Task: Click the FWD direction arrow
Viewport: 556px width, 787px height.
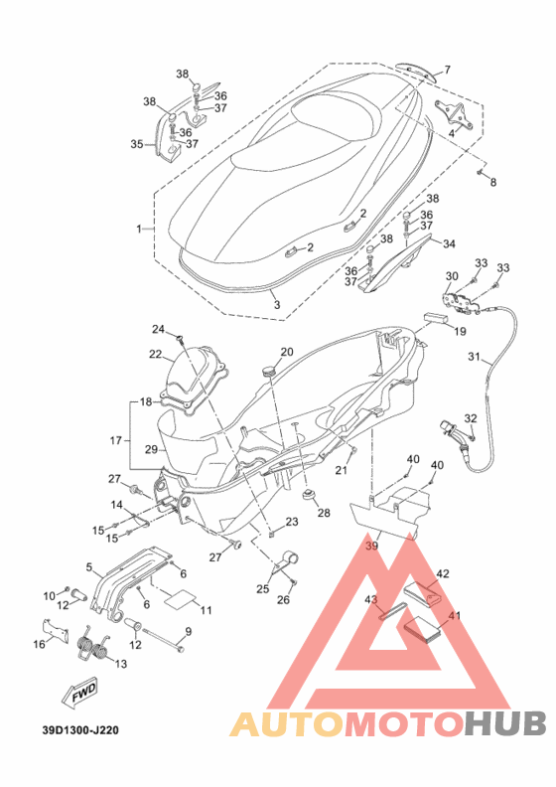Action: pyautogui.click(x=78, y=695)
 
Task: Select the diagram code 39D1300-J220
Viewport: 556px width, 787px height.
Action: pyautogui.click(x=81, y=729)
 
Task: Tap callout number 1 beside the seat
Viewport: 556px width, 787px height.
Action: pyautogui.click(x=139, y=229)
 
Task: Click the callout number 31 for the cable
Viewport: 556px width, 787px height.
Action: pyautogui.click(x=475, y=357)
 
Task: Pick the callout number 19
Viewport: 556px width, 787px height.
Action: pyautogui.click(x=460, y=331)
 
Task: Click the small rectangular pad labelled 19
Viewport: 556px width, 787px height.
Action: pyautogui.click(x=436, y=318)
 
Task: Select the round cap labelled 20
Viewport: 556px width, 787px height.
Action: pyautogui.click(x=269, y=371)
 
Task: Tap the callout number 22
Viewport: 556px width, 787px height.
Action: pyautogui.click(x=156, y=354)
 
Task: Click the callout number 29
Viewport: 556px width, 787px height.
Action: pyautogui.click(x=151, y=449)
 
